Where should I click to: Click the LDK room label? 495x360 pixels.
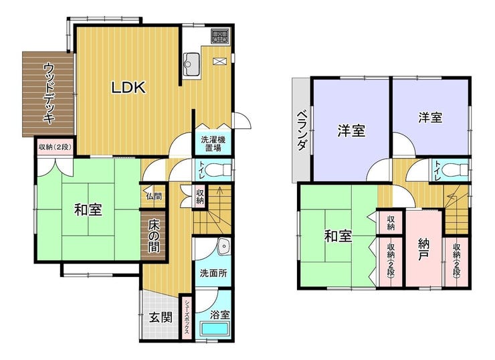click(128, 88)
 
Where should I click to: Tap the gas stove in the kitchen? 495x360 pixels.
click(220, 36)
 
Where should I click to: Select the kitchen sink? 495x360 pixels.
click(191, 64)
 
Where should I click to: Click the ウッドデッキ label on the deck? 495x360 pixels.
click(49, 93)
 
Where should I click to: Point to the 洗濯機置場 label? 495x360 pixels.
click(213, 144)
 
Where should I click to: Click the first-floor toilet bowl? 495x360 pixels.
click(218, 169)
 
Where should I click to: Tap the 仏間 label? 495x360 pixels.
click(154, 197)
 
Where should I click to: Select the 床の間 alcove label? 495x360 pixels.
click(154, 236)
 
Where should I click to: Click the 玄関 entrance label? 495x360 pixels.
click(161, 317)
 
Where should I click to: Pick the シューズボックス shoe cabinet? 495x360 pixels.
click(187, 317)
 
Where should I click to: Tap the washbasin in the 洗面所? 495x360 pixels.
click(224, 246)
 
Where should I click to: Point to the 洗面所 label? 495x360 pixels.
click(213, 273)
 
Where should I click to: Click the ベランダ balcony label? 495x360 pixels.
click(302, 130)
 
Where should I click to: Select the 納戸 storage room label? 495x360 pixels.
click(425, 249)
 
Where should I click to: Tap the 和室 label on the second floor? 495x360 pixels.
click(338, 236)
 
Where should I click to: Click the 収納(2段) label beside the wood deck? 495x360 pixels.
click(56, 147)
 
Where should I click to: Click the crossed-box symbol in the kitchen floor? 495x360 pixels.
click(218, 61)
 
